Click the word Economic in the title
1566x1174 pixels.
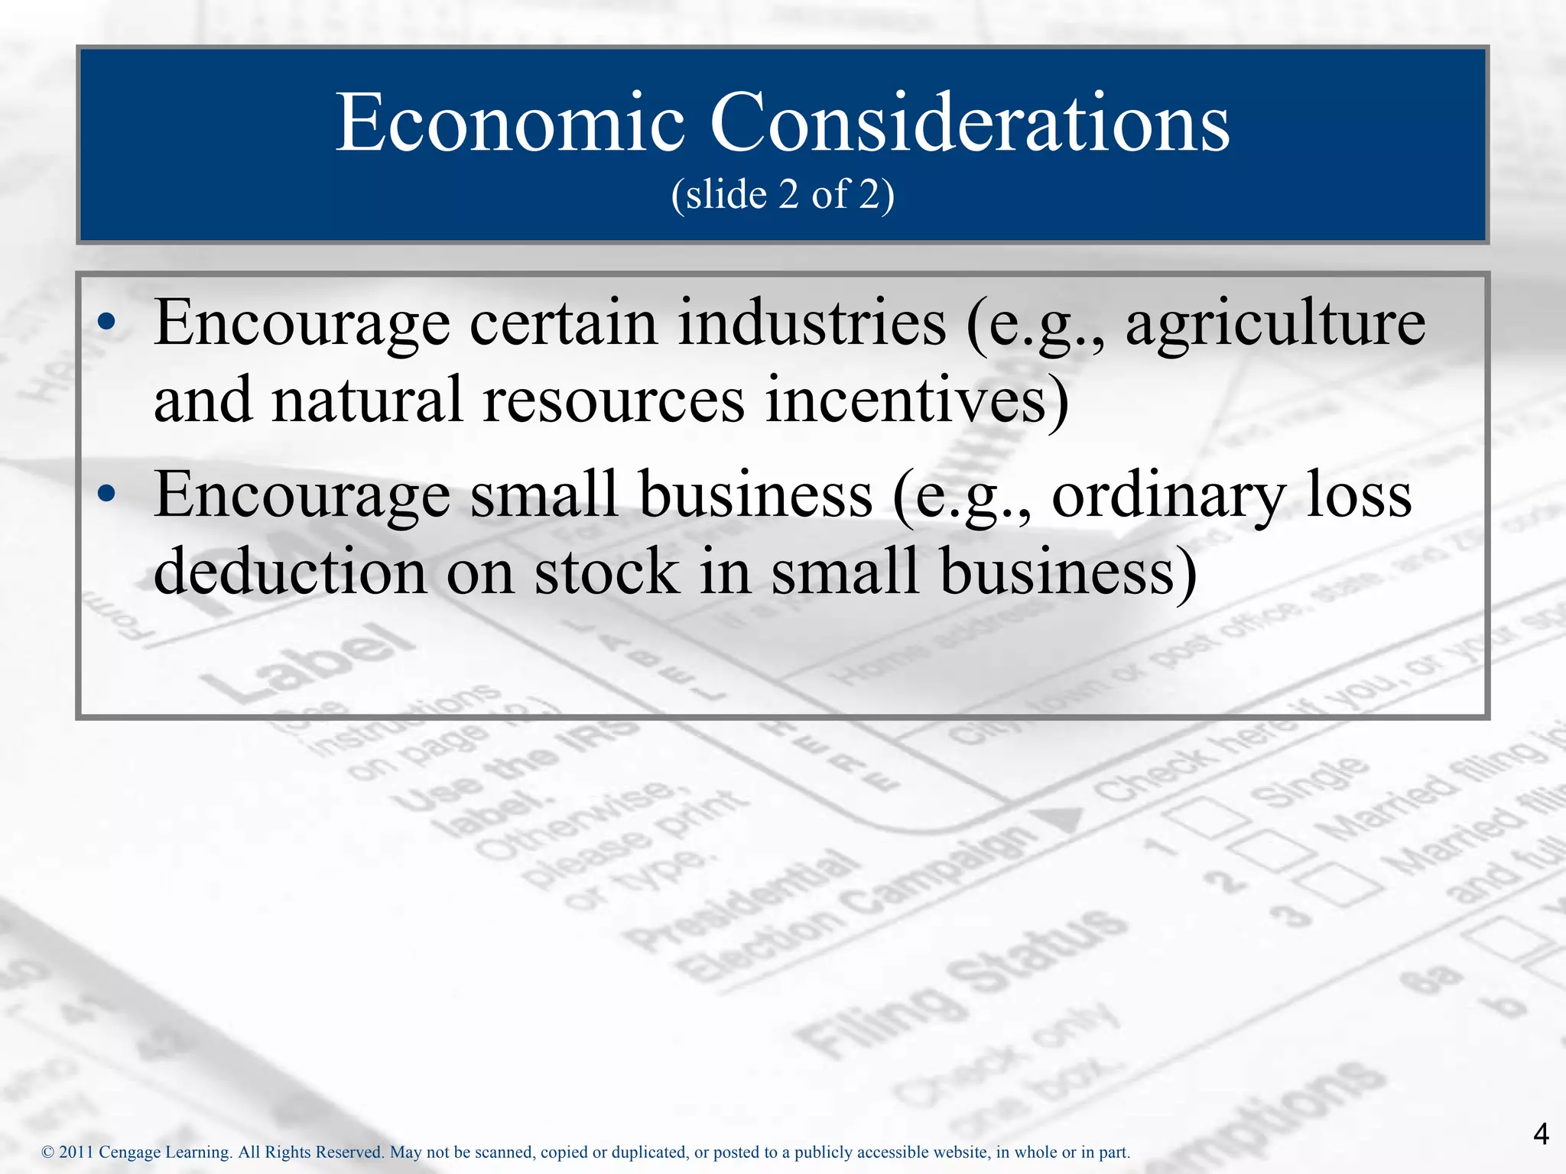coord(510,123)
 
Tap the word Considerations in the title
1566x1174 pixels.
coord(970,123)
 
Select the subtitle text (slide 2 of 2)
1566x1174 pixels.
coord(783,194)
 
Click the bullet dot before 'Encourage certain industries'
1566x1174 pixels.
coord(106,323)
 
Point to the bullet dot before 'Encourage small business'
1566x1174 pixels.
coord(106,495)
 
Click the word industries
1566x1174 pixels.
coord(812,323)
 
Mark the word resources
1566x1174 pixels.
coord(613,401)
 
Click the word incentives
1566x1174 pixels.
coord(907,399)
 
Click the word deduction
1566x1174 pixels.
coord(290,571)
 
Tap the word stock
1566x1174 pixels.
coord(606,571)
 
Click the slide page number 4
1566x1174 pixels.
coord(1541,1134)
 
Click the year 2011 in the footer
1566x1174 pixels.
coord(76,1152)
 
